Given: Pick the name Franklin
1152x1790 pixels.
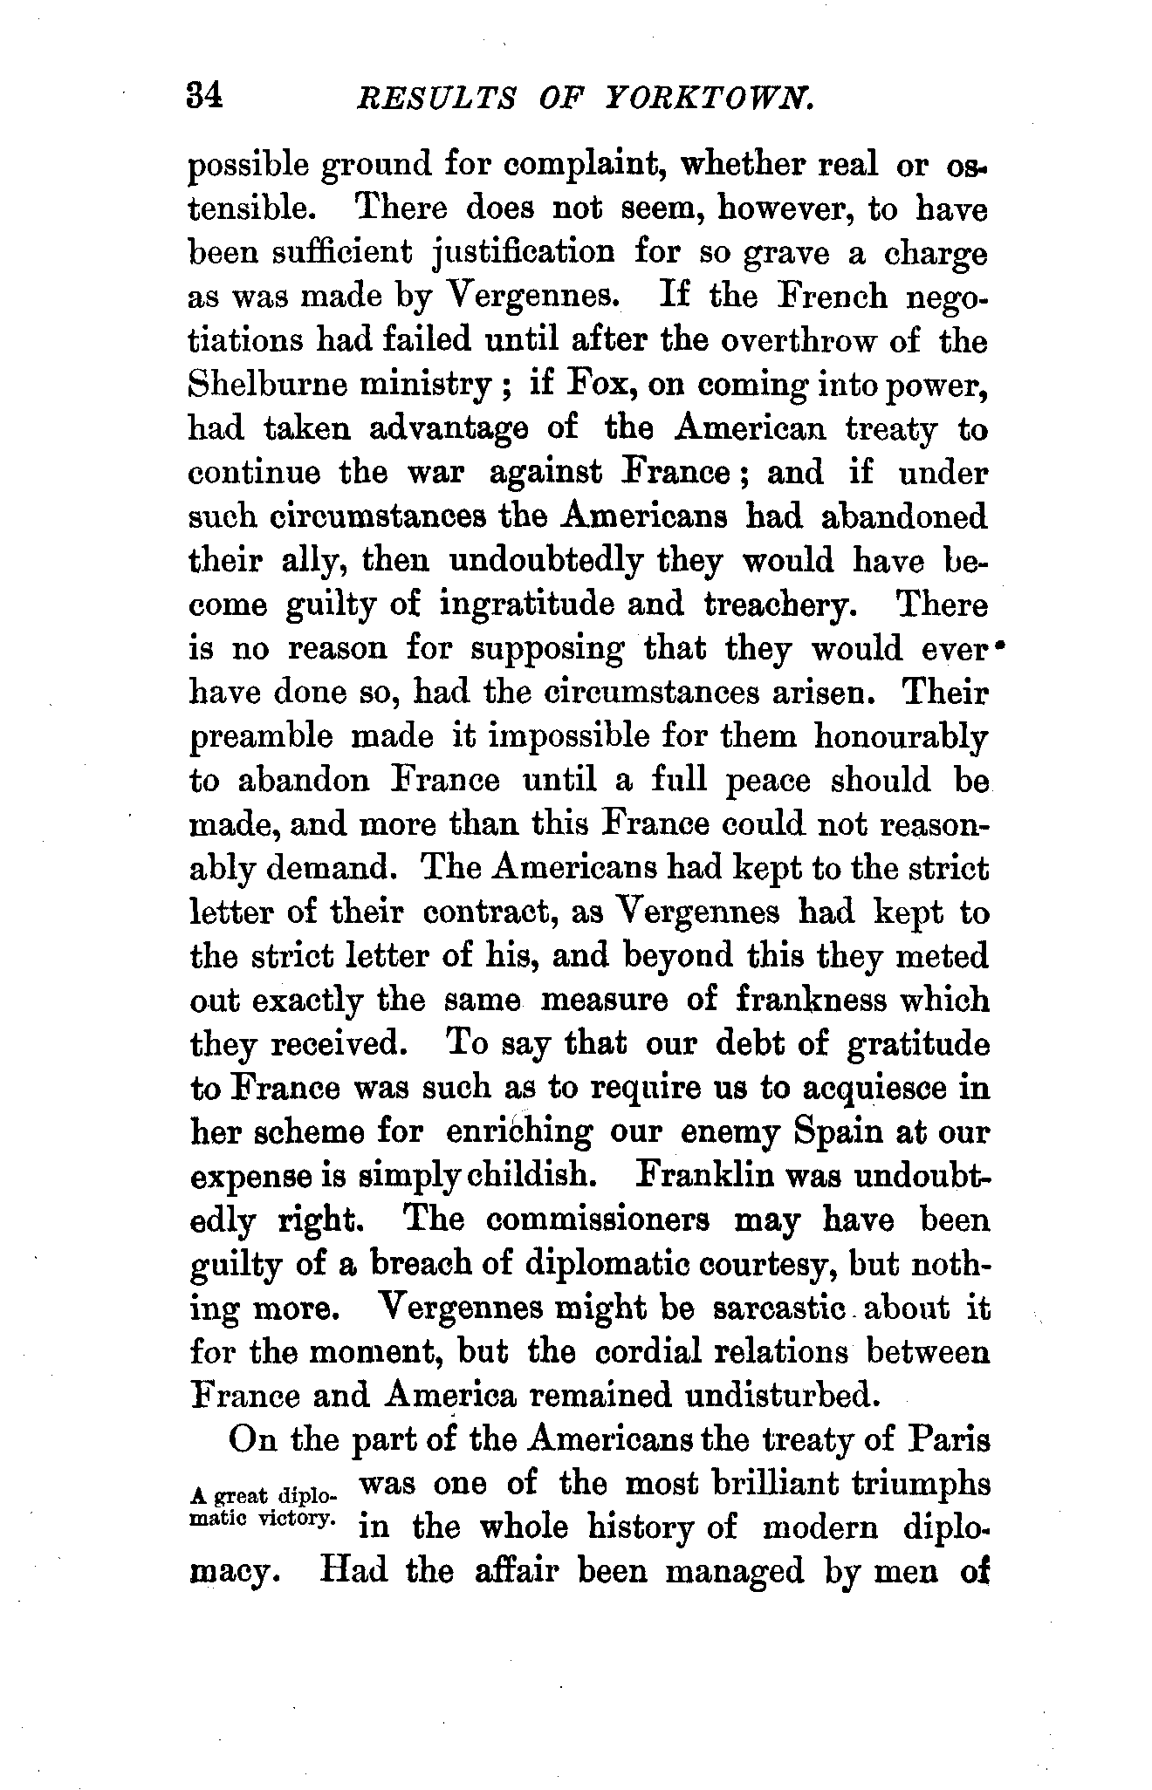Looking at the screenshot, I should (x=706, y=1175).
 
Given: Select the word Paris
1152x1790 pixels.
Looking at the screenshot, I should (x=948, y=1439).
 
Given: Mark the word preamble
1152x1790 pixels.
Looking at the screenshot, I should (x=261, y=737).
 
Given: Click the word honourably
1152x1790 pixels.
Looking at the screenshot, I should (x=901, y=737).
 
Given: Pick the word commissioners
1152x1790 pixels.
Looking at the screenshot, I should (x=599, y=1220).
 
